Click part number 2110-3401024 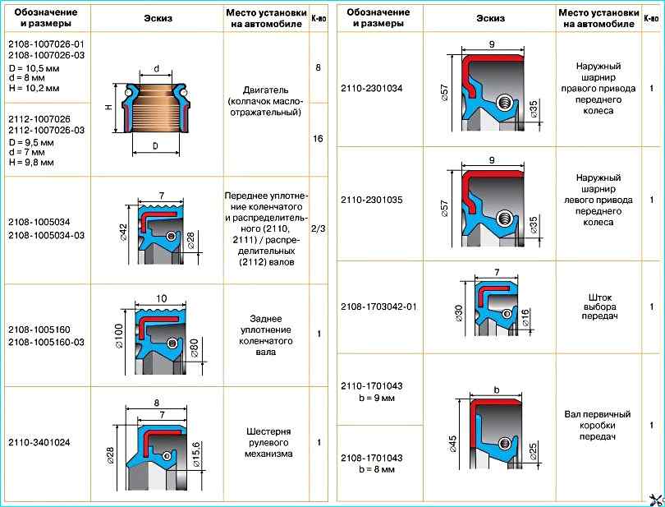point(39,442)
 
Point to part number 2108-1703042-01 point(379,307)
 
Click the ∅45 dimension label point(452,444)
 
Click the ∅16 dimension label point(526,316)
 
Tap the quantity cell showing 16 point(318,139)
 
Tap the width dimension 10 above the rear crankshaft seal point(163,297)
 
